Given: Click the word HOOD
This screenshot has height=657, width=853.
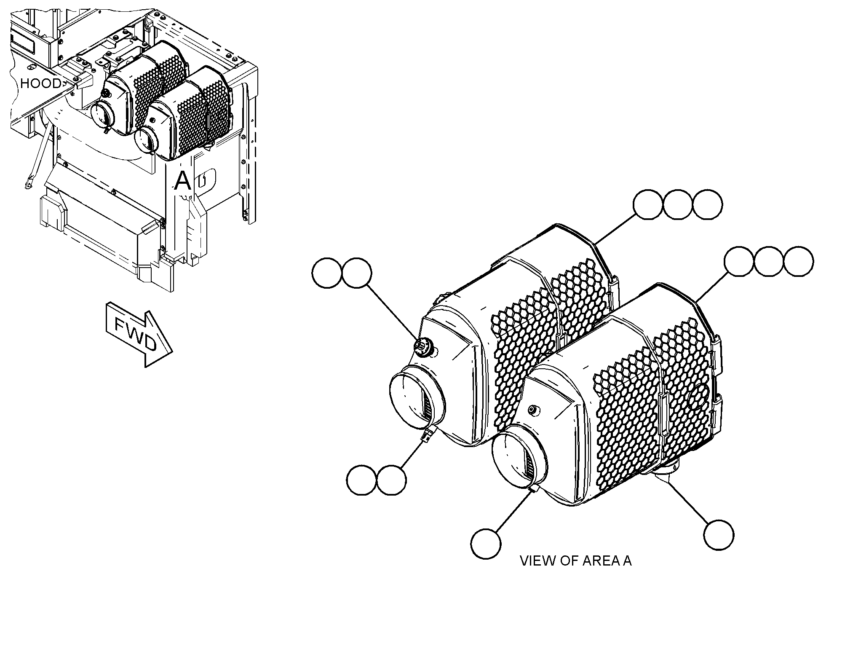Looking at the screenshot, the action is point(40,83).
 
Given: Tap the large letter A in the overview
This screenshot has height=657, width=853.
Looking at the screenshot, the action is point(182,181).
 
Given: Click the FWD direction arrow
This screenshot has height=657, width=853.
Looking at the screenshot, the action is point(139,334).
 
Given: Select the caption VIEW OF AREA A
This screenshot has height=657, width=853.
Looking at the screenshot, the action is point(575,561).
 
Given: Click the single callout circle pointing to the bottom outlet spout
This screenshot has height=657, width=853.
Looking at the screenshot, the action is point(719,535).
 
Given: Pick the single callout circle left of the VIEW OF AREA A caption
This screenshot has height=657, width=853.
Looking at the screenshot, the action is point(486,544).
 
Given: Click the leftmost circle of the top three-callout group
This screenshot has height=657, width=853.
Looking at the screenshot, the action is point(648,204).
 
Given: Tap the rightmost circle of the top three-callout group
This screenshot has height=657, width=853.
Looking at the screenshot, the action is point(708,204).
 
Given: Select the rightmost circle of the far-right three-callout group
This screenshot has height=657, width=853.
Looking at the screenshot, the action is point(799,262).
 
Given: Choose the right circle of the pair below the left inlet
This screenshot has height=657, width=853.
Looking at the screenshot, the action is point(391,480).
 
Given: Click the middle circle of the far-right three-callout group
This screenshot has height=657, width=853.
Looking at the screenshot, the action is point(769,262).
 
